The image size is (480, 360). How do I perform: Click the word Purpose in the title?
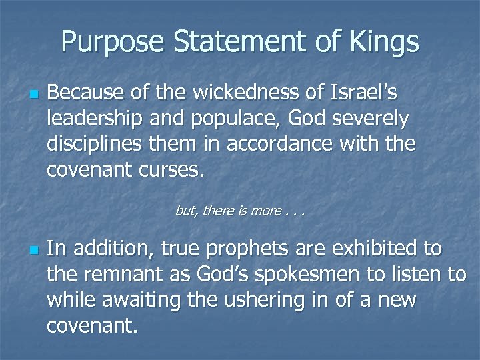(x=112, y=42)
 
